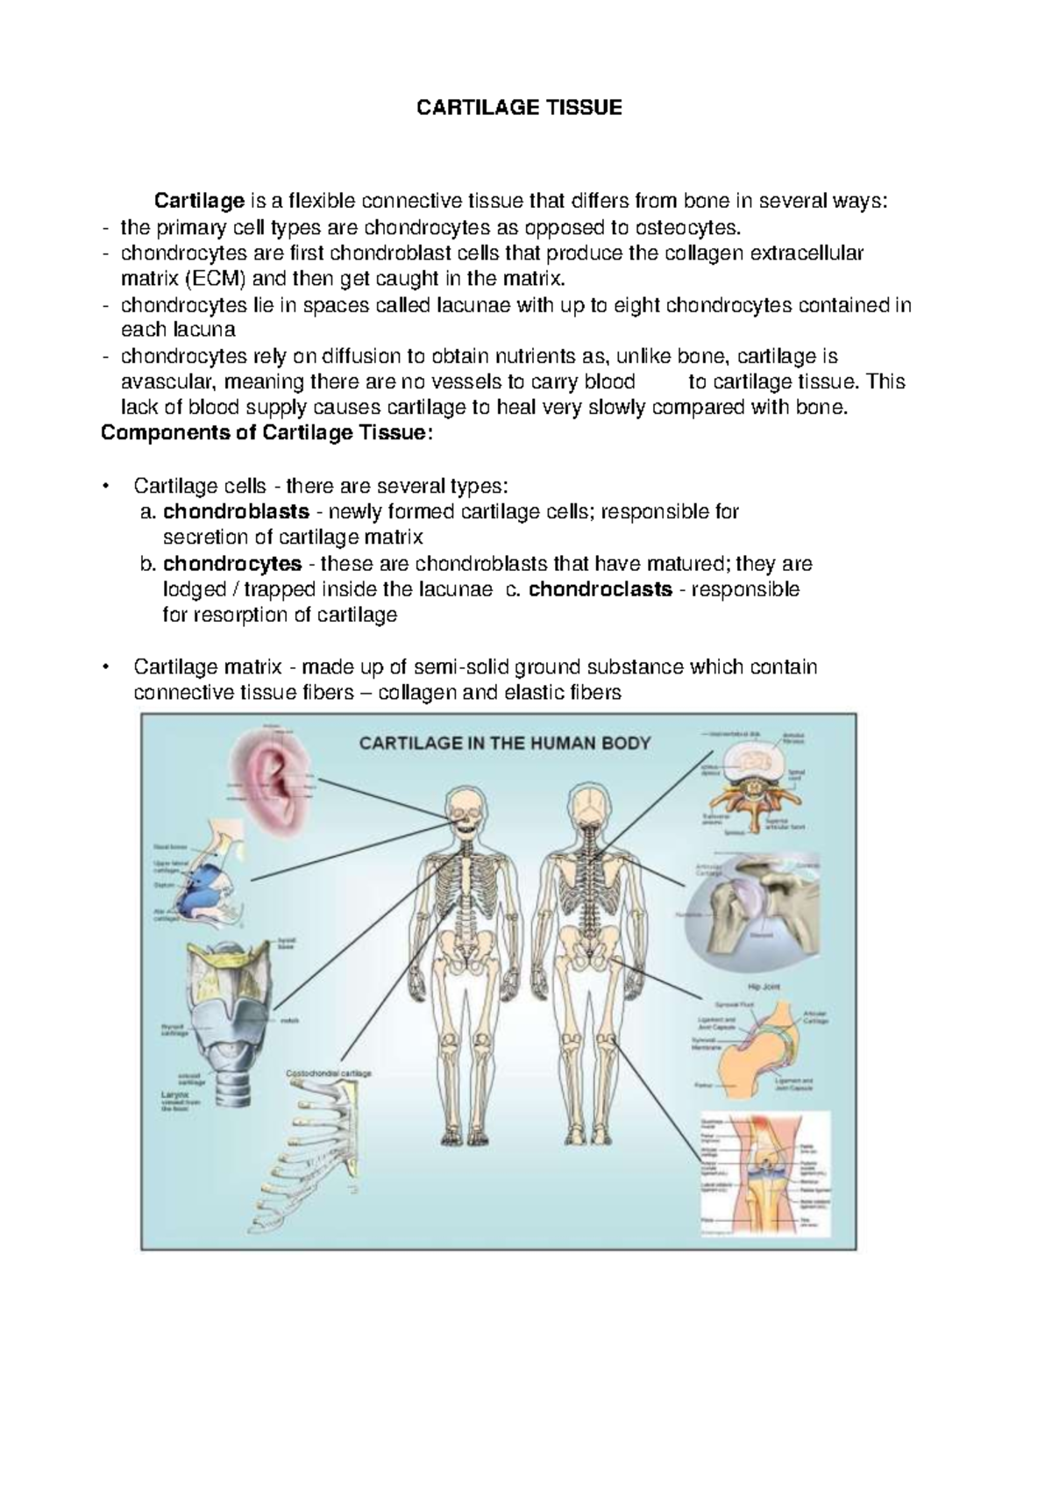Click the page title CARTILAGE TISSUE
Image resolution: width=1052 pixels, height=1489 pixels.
519,108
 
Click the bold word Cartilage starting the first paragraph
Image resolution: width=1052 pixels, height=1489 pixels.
199,202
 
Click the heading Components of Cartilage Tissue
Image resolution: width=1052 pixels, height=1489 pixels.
267,433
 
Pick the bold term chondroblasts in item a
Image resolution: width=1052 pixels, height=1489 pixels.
236,511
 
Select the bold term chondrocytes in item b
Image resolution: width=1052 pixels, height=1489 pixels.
232,563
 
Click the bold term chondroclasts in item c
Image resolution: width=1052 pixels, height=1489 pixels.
601,589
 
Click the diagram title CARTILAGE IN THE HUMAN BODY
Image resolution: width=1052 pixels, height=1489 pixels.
505,744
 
